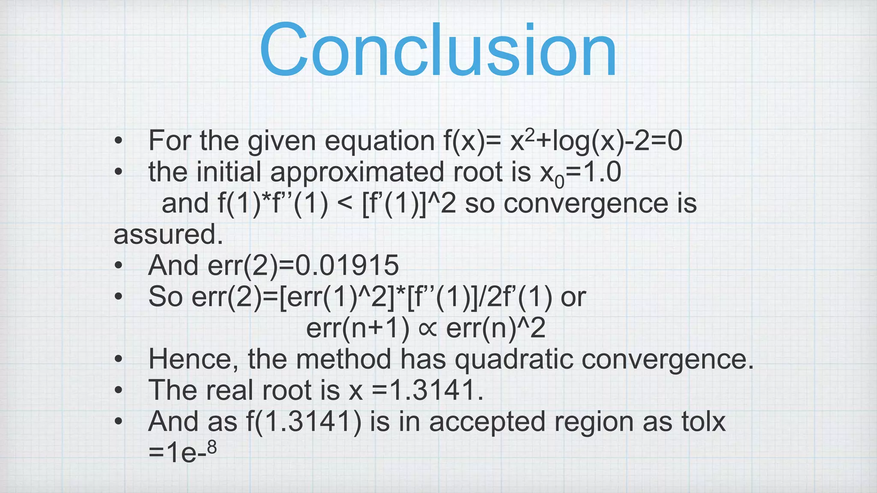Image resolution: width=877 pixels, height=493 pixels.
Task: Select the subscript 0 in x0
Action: click(560, 182)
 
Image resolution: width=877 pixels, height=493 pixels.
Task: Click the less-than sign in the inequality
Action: click(345, 204)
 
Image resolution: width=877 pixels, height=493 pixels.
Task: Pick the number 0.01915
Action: click(347, 265)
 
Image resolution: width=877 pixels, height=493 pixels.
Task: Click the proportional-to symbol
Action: click(428, 329)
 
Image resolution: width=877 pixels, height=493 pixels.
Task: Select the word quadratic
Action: click(513, 359)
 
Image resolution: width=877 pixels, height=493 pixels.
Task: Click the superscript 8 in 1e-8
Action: click(212, 448)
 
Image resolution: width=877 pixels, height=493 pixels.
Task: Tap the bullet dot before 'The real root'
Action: click(119, 391)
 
